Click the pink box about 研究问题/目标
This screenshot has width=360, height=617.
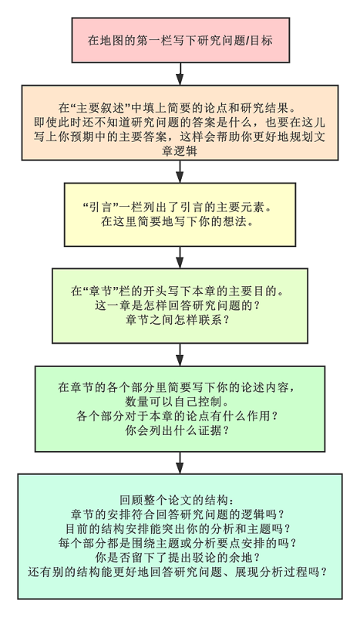tap(180, 40)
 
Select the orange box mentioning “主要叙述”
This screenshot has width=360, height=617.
tap(180, 123)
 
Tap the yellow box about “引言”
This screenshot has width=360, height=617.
tap(180, 214)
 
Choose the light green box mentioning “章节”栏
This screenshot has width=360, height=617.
tap(180, 305)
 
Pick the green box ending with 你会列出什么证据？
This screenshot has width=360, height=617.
tap(180, 409)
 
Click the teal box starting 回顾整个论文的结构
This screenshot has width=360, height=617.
tap(180, 536)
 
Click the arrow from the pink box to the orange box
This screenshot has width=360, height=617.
tap(180, 74)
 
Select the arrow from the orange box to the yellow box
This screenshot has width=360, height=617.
tap(180, 171)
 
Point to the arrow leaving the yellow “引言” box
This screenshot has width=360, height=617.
tap(180, 258)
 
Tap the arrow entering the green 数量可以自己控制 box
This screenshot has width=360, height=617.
tap(180, 355)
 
